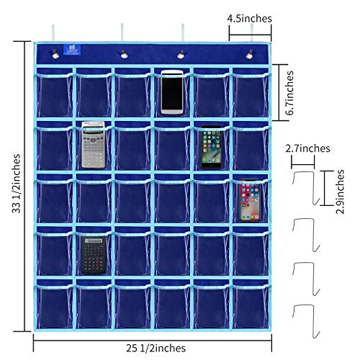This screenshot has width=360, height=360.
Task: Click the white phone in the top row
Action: [171, 91]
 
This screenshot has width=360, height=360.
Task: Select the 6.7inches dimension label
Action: [290, 93]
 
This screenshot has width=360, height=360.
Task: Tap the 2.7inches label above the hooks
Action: [308, 149]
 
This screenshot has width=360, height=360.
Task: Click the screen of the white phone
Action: [171, 91]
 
